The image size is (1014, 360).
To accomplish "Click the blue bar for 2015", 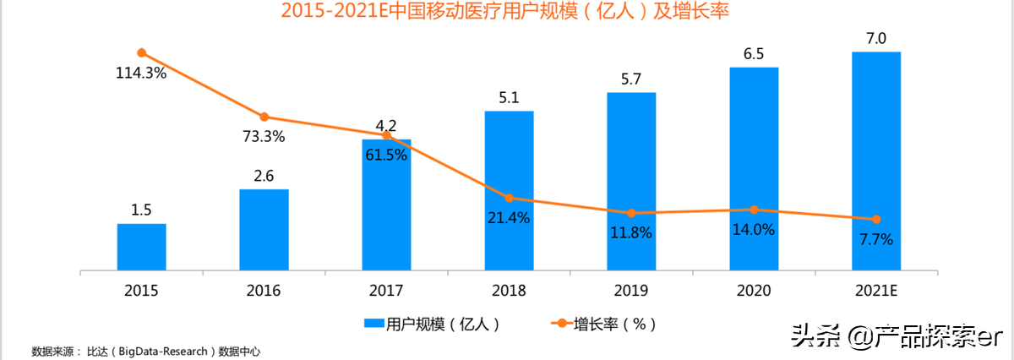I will [141, 248].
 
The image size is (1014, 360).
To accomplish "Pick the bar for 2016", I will [264, 231].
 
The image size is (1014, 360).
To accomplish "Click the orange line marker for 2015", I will [141, 52].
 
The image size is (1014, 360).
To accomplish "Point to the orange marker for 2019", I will [631, 213].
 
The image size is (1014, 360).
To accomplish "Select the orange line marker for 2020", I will [754, 210].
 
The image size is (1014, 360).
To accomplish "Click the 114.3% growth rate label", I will [141, 73].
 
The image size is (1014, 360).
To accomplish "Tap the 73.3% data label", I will [264, 136].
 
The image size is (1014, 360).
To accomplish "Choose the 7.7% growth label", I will [876, 239].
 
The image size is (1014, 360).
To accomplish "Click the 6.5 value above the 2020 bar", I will [754, 54].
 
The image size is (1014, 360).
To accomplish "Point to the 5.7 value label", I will [631, 79].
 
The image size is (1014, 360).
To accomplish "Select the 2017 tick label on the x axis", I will [386, 290].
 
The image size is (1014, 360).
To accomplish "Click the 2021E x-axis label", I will [876, 290].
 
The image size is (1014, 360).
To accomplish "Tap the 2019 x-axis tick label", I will [631, 290].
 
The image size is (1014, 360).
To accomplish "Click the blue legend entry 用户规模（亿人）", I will [432, 324].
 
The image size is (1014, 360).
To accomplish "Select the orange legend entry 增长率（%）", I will [603, 324].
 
